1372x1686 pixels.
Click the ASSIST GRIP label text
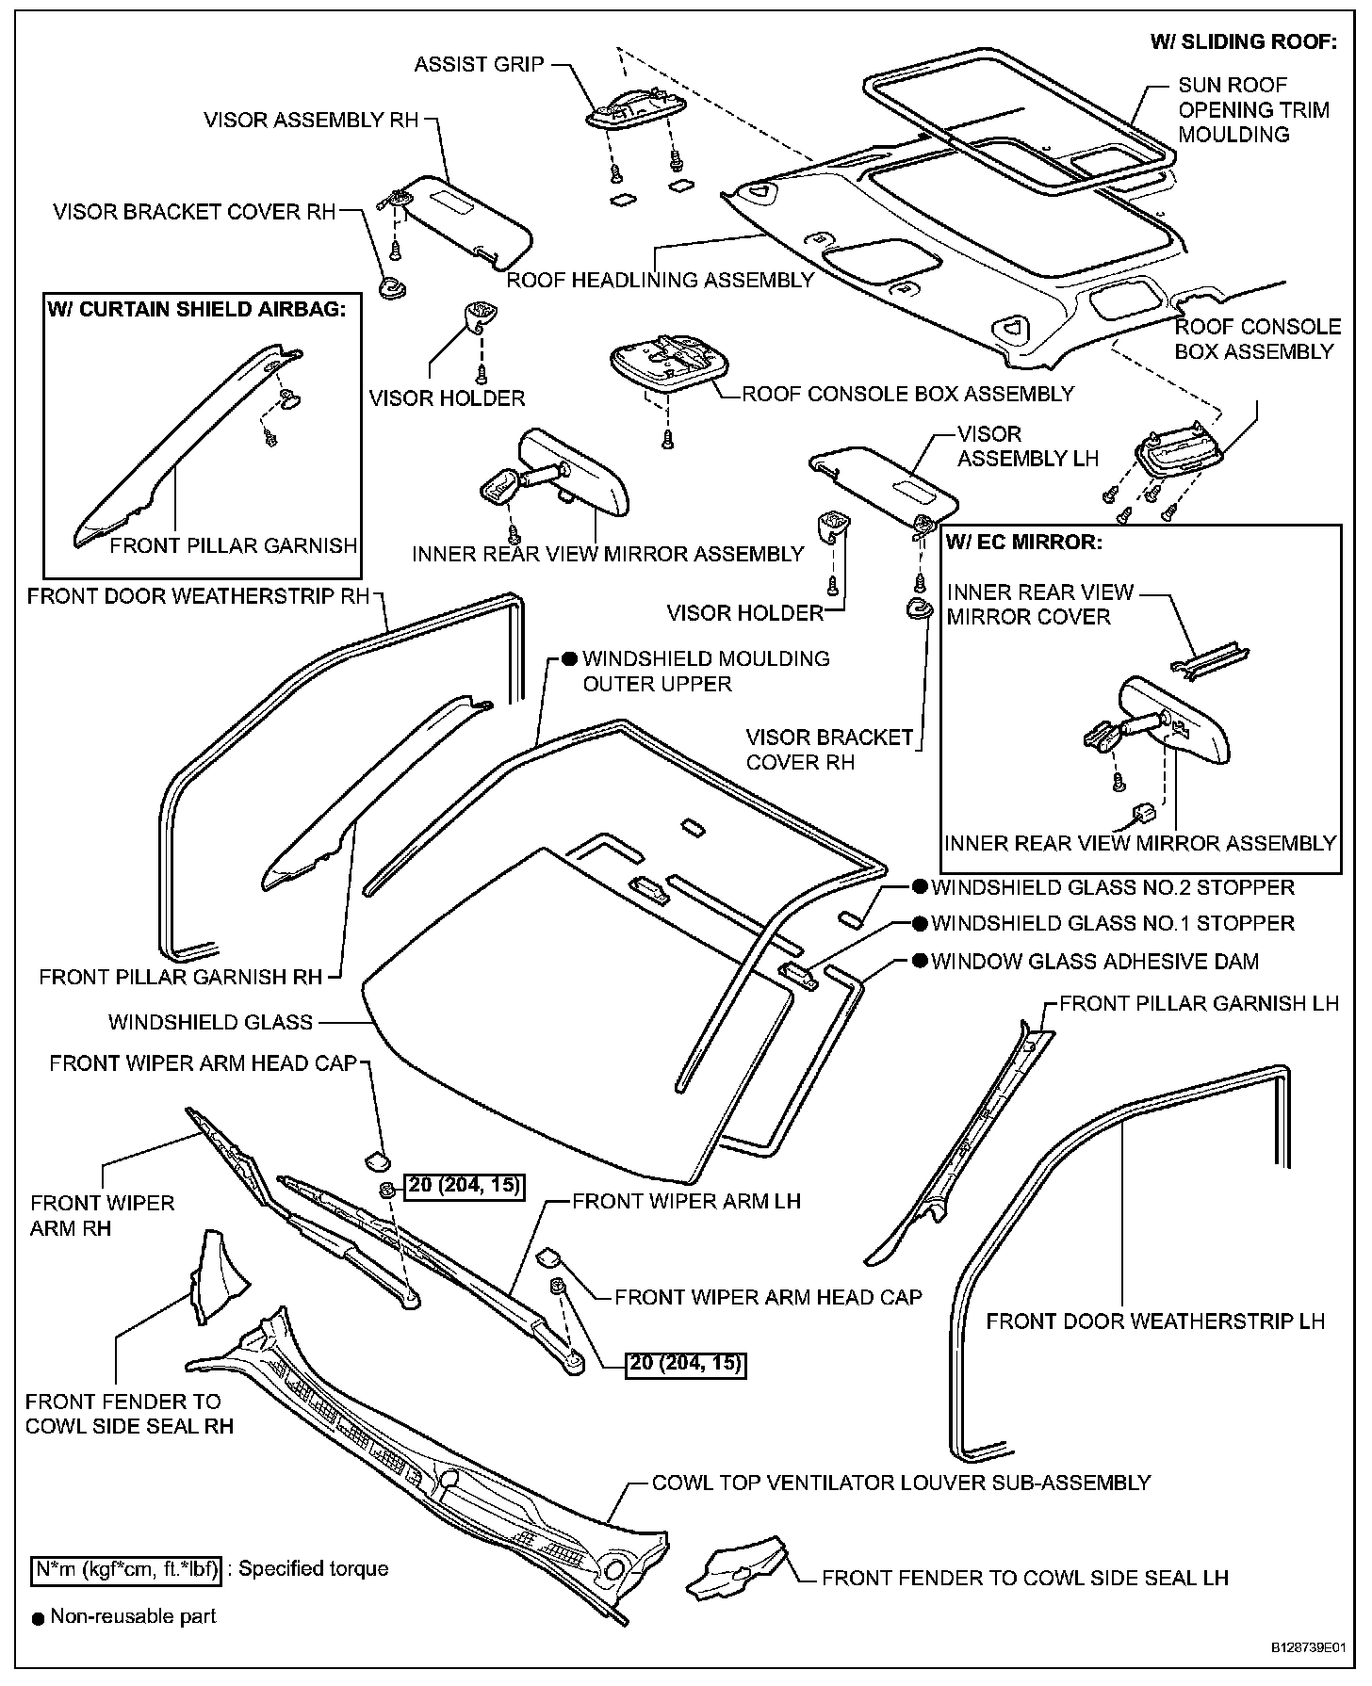click(x=479, y=64)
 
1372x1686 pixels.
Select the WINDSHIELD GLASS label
click(x=210, y=1022)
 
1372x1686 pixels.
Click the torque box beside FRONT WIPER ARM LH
click(x=685, y=1362)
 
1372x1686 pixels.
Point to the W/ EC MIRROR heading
click(x=1022, y=543)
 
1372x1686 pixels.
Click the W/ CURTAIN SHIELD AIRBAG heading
click(x=203, y=309)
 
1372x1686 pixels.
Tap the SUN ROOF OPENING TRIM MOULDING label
click(x=1252, y=109)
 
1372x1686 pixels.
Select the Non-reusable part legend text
click(x=133, y=1616)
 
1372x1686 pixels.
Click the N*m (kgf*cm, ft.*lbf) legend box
click(x=126, y=1568)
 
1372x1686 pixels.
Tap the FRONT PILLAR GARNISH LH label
click(x=1199, y=1003)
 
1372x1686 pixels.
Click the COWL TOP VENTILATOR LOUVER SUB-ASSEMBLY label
click(x=901, y=1482)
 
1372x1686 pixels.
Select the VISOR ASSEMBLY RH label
click(x=311, y=121)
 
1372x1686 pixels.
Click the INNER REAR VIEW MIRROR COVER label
click(x=1039, y=605)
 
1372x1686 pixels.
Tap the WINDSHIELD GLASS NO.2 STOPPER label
click(x=1112, y=887)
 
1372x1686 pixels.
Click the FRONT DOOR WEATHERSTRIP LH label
click(x=1155, y=1321)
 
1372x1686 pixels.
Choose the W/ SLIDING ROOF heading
click(x=1243, y=41)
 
